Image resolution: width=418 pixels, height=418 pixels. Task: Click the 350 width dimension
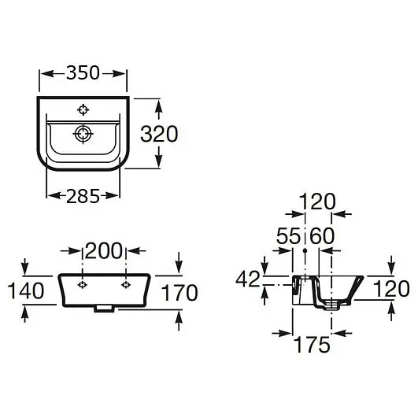(83, 72)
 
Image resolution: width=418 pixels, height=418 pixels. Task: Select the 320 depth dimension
(159, 134)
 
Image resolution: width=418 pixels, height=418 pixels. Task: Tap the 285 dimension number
(83, 196)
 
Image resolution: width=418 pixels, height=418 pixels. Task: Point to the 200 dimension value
(104, 251)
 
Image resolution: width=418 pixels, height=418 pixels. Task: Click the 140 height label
(26, 290)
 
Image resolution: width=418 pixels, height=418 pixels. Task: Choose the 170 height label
(179, 292)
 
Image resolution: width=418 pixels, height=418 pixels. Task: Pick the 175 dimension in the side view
(312, 345)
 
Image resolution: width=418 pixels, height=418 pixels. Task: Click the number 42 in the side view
(248, 279)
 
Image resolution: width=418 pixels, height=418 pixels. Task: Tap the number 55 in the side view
(288, 236)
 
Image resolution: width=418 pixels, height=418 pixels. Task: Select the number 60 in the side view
(322, 236)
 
